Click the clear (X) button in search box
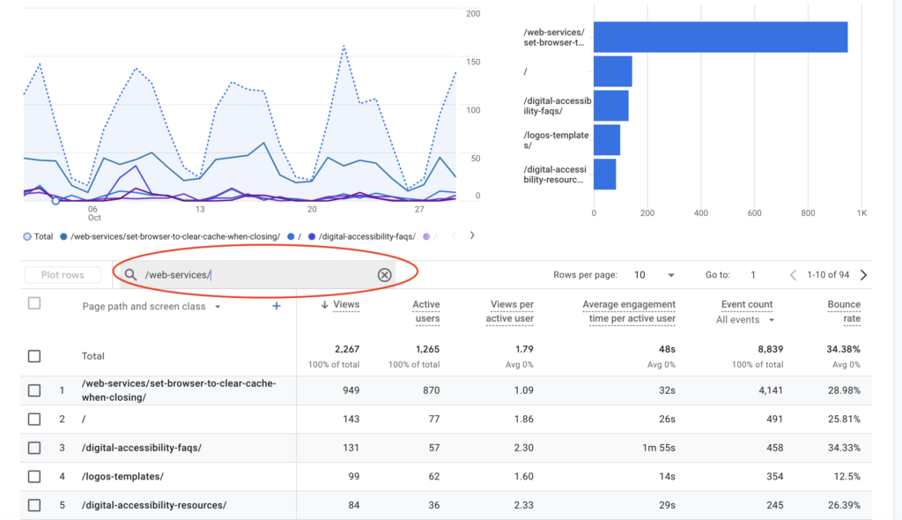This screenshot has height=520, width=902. click(384, 275)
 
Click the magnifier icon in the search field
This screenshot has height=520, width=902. click(130, 275)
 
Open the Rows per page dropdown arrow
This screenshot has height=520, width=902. click(671, 275)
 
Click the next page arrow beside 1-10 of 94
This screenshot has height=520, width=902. click(863, 275)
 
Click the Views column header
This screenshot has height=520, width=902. click(344, 304)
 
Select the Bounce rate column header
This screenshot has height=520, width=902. click(844, 311)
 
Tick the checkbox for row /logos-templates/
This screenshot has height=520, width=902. click(34, 476)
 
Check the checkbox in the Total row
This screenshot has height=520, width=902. click(34, 356)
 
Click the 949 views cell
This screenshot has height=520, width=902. click(350, 390)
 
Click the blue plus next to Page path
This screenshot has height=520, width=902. click(276, 306)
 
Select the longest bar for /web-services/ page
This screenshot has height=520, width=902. click(720, 37)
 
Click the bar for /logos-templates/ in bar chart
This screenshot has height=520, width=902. click(606, 140)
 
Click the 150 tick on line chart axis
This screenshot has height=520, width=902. click(472, 62)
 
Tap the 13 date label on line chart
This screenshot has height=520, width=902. click(200, 209)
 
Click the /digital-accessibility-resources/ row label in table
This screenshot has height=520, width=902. click(154, 505)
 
